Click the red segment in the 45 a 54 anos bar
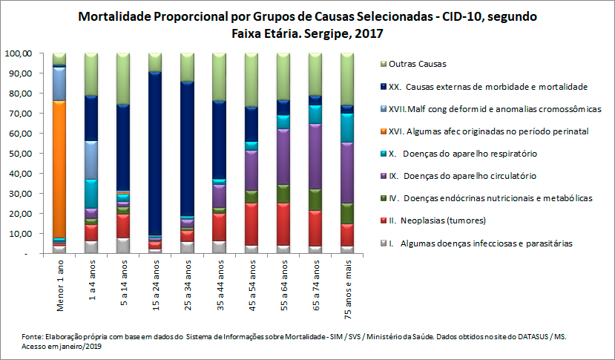tap(251, 223)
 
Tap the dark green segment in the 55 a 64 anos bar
tap(283, 193)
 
